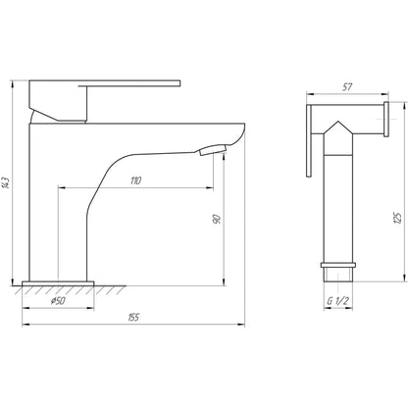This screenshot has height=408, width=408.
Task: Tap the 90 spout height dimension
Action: pos(217,222)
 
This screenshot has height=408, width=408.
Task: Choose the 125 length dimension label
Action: pos(397,216)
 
